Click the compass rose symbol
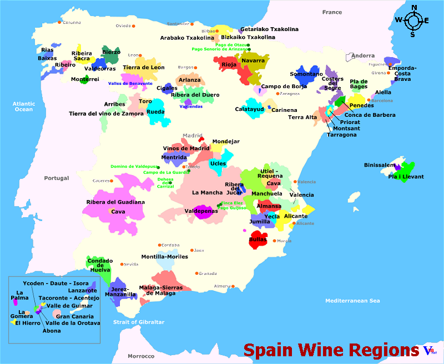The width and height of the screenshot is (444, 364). coord(412,20)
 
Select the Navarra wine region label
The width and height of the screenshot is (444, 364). coord(253,60)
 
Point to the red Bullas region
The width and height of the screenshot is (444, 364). coord(258,239)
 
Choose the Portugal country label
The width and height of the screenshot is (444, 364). coord(57,178)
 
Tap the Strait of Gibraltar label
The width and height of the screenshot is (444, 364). coord(139,322)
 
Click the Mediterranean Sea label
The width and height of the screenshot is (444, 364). coord(352,300)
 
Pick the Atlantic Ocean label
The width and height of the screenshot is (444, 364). coord(24,106)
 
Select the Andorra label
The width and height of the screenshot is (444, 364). coord(364,55)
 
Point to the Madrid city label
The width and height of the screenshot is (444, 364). coord(193,135)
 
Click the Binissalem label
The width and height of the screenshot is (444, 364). coord(380,165)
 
